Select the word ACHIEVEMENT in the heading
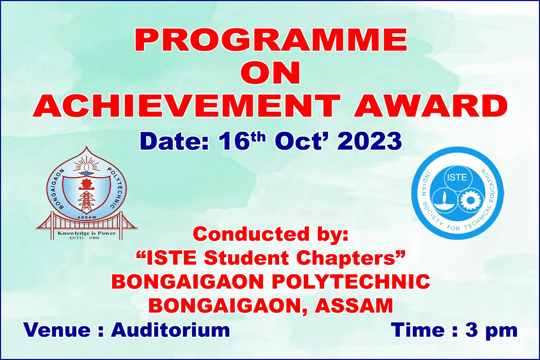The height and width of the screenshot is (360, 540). tap(187, 105)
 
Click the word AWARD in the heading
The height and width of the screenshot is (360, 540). tap(431, 105)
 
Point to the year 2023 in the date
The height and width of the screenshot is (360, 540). tap(369, 141)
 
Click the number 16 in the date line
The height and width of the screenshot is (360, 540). tap(233, 141)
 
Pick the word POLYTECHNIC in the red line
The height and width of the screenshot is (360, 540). tap(352, 282)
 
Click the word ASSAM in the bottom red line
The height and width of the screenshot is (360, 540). tap(354, 305)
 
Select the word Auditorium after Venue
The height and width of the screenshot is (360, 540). tap(170, 330)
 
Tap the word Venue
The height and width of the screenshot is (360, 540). tap(57, 330)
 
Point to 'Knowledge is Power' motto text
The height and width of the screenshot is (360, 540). tap(87, 233)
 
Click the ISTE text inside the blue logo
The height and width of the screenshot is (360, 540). tap(457, 178)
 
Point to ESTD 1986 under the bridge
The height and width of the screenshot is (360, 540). tap(84, 238)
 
